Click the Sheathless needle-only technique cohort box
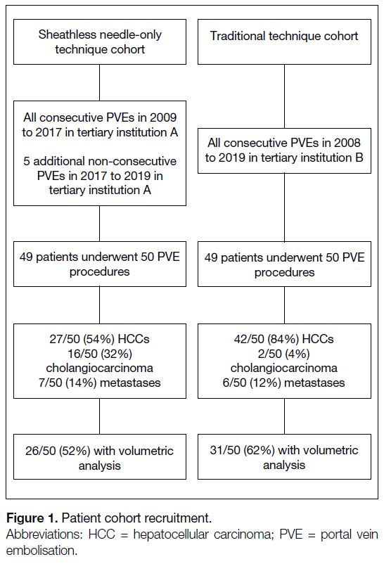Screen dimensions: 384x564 click(x=100, y=42)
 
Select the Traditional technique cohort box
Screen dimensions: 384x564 click(x=284, y=42)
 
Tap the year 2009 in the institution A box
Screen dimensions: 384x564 click(x=163, y=117)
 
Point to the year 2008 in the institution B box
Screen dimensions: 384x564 click(x=347, y=143)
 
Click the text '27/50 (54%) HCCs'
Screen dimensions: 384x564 click(x=99, y=339)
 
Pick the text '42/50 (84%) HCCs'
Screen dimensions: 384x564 click(x=284, y=339)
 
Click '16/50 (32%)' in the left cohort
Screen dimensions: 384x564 click(x=100, y=354)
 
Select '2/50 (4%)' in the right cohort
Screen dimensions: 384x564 click(x=284, y=354)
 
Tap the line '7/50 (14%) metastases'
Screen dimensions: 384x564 click(x=100, y=383)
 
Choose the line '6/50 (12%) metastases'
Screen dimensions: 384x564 click(x=284, y=383)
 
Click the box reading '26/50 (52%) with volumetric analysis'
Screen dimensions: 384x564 click(x=100, y=457)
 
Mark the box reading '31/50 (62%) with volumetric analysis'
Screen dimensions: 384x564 click(x=284, y=457)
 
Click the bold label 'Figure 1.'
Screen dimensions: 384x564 click(x=32, y=518)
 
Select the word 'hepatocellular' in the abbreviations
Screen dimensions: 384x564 click(x=171, y=534)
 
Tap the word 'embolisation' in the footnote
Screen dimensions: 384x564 click(x=40, y=551)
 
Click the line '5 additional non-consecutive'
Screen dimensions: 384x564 click(x=100, y=161)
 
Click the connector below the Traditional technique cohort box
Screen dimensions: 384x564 click(x=284, y=96)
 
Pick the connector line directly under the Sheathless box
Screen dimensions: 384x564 click(x=100, y=83)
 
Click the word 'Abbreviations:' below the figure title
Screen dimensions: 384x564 click(x=43, y=534)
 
